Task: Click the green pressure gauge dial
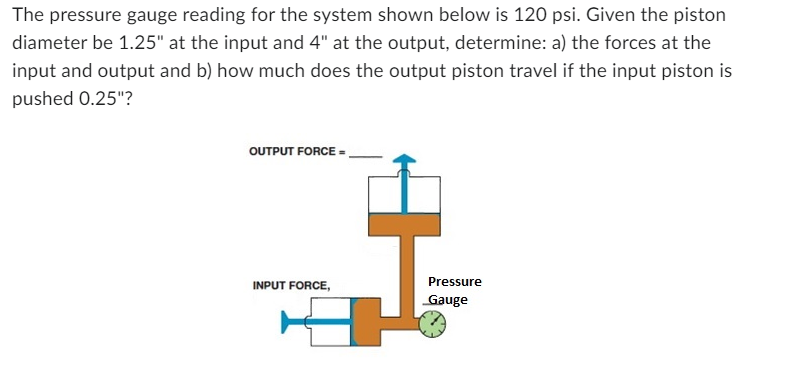(x=432, y=324)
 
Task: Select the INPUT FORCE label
(x=291, y=286)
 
